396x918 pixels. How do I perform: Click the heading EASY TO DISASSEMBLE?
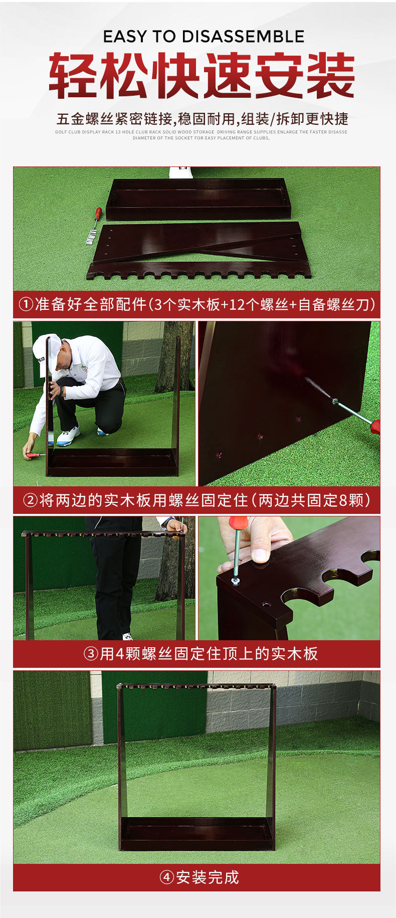204,37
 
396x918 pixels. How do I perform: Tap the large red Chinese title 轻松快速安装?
202,76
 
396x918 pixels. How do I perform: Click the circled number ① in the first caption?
26,304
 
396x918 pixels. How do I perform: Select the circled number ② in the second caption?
31,500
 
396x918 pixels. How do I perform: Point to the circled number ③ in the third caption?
91,654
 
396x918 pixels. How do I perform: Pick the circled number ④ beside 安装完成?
166,877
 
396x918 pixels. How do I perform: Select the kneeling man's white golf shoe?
68,436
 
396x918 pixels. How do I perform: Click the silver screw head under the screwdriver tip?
235,581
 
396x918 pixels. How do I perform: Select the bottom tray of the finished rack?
197,833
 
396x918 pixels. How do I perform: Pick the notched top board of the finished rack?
196,686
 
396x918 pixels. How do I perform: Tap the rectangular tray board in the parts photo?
199,199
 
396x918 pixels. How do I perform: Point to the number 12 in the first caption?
237,304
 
